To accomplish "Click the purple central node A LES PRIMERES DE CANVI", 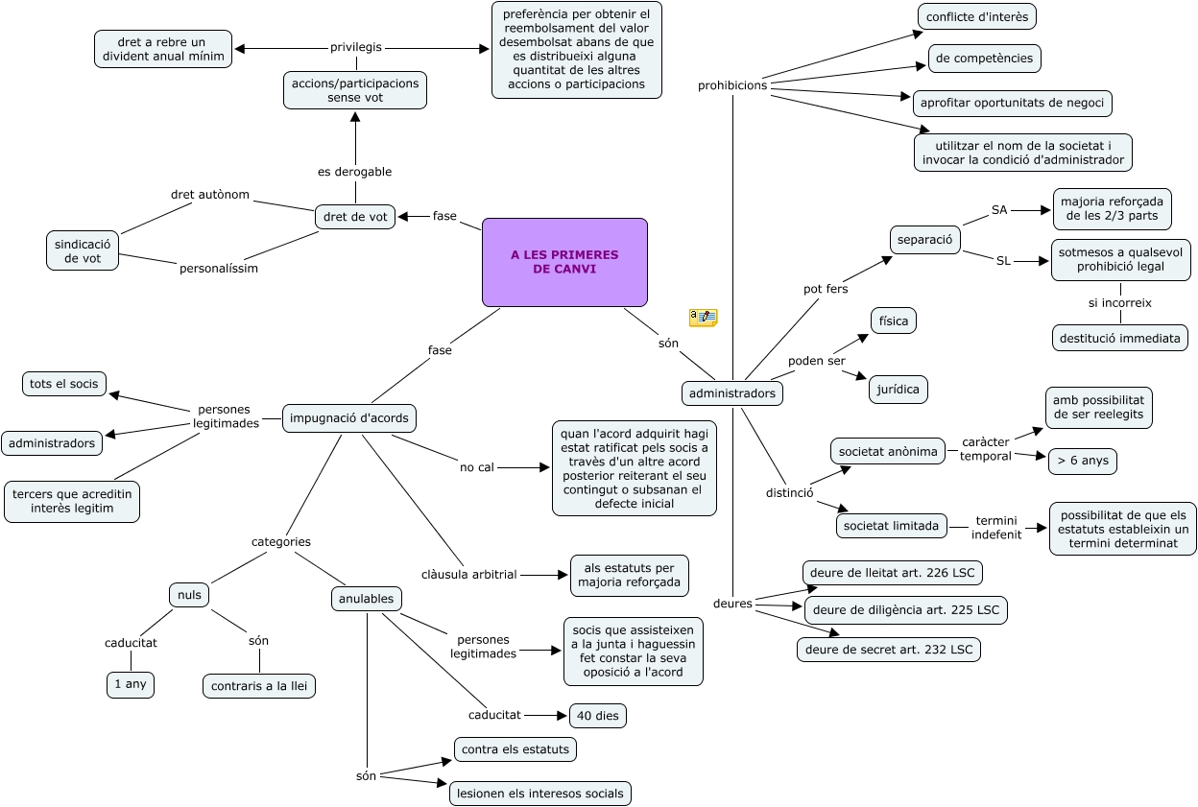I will (564, 262).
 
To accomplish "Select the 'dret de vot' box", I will (355, 217).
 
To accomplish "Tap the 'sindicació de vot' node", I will (84, 250).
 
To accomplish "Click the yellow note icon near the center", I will (703, 318).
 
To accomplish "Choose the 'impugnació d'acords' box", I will (350, 417).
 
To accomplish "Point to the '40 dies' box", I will (599, 715).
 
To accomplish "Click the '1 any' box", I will (132, 685).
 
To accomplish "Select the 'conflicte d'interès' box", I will (977, 15).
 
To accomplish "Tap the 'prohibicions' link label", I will (732, 85).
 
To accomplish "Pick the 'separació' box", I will (924, 239).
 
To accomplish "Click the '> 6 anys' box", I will (1082, 461).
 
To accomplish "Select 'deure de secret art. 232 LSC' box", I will (889, 650).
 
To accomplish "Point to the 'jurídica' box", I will (898, 389).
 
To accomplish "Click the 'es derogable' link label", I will (355, 172).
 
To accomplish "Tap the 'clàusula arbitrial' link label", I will (469, 575).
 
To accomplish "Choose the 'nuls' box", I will (190, 595).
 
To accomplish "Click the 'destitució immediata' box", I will (1120, 338).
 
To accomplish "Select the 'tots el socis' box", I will (64, 384).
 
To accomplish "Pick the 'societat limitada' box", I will (889, 526).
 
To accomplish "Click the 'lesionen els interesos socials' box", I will (540, 793).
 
